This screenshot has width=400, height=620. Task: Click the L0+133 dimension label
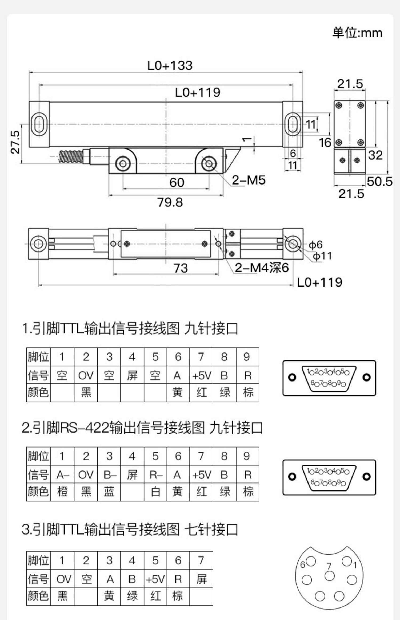point(170,66)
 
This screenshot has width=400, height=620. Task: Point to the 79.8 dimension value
point(170,202)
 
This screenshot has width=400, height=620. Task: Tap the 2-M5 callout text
point(249,180)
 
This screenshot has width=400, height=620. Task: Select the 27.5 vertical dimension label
point(15,142)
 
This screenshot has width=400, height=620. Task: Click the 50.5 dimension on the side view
point(380,182)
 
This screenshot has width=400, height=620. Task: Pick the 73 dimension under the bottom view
point(181,268)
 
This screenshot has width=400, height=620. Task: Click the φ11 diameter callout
point(322,256)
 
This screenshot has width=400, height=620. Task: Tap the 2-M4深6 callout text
point(262,268)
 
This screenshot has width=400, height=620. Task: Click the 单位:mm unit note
point(357,33)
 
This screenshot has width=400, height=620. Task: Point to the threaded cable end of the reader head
point(71,157)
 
